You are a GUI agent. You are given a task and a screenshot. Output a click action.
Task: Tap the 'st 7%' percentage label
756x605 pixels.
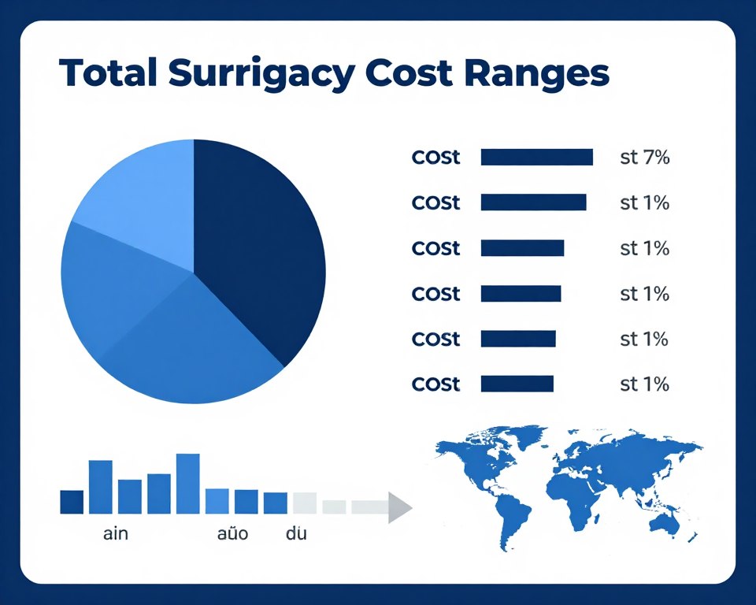coord(644,157)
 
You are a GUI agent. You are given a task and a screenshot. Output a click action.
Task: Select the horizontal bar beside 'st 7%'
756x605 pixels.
coord(536,157)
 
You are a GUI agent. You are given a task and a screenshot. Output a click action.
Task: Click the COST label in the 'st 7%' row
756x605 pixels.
coord(435,157)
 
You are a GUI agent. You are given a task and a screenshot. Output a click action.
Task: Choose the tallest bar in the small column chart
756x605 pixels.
coord(187,483)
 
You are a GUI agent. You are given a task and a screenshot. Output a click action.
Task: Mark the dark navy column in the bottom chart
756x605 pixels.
coord(72,502)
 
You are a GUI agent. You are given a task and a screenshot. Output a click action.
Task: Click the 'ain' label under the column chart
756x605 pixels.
coord(116,534)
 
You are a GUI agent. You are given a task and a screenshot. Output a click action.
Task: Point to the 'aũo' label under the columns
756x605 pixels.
coord(232,534)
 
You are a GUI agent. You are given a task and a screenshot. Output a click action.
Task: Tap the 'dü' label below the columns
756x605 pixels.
coord(296,534)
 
